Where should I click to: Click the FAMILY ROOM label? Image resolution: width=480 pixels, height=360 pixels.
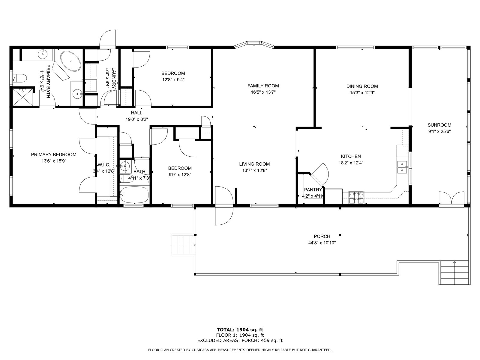point(263,86)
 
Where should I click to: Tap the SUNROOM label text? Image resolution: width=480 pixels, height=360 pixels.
point(439,125)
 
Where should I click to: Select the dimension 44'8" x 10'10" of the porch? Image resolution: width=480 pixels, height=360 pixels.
point(322,243)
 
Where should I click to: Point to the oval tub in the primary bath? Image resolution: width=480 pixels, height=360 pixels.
point(70,61)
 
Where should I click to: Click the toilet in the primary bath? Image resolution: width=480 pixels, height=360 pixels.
point(20,78)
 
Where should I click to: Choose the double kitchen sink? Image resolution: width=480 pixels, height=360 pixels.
point(402,167)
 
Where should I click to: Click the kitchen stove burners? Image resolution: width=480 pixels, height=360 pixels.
point(356,197)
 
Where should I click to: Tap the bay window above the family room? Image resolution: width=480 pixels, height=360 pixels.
point(254,44)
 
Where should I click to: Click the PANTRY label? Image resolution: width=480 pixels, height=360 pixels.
point(313,190)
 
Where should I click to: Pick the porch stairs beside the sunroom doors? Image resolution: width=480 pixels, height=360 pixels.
point(454,272)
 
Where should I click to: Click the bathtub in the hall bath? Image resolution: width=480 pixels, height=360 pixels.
point(134,195)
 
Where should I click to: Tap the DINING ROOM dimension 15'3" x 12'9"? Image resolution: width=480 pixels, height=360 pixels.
point(362,93)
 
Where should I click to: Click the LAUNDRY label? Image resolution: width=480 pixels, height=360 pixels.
point(114,78)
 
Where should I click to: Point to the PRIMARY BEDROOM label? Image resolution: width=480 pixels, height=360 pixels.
point(54,154)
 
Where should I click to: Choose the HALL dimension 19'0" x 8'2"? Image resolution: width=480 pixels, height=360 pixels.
point(137,119)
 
